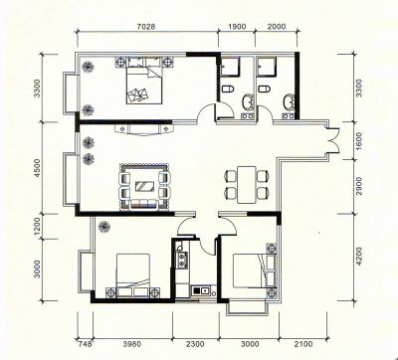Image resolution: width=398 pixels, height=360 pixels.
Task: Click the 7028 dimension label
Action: click(x=146, y=27)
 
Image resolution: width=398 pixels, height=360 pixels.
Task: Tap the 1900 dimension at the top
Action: click(x=237, y=27)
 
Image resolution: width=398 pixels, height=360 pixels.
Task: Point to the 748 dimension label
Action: click(x=84, y=344)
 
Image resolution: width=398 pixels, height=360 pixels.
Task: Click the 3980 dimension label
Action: click(x=132, y=344)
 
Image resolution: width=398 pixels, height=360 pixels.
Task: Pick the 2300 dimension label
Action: click(x=195, y=344)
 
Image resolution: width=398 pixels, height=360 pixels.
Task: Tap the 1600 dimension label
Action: click(x=358, y=141)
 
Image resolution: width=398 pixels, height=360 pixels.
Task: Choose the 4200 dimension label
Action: click(x=358, y=256)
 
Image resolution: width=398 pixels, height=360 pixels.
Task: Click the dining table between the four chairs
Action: click(x=247, y=185)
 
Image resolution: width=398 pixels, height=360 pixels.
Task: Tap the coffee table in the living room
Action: click(x=144, y=187)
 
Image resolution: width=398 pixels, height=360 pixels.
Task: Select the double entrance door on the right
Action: click(x=333, y=140)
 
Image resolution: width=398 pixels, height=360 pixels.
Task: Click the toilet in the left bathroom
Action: click(x=228, y=89)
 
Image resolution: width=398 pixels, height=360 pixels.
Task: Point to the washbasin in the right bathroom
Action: click(x=288, y=102)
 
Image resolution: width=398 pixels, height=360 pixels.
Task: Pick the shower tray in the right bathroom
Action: click(x=267, y=67)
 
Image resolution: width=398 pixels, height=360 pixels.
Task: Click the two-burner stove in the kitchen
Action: click(x=183, y=260)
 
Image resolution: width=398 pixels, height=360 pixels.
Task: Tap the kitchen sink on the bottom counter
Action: click(x=201, y=290)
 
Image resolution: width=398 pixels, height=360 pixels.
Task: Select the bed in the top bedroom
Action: click(x=144, y=85)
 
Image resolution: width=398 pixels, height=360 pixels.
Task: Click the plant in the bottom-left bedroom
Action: click(x=104, y=227)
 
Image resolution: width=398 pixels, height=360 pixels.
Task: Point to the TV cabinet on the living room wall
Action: click(x=144, y=129)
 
